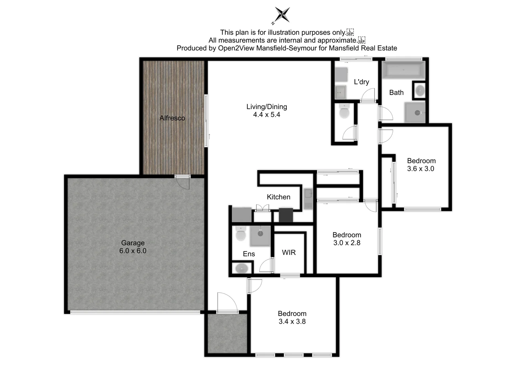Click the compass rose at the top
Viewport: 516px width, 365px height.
282,15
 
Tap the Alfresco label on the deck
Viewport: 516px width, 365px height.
172,118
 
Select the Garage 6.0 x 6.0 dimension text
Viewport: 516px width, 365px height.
133,251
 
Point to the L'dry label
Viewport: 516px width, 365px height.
361,82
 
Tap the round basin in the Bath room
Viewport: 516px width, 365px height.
420,91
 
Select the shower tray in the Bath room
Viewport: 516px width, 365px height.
415,113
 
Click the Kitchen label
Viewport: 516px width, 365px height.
278,197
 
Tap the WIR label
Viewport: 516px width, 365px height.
289,252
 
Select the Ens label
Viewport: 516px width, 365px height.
249,254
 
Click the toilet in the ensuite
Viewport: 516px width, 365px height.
241,234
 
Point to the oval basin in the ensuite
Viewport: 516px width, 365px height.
242,269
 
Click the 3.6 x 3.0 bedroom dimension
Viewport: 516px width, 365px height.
420,169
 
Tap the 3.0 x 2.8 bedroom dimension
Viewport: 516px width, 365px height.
347,243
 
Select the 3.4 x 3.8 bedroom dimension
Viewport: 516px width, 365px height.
292,321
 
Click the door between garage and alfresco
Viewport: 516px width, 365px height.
183,182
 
